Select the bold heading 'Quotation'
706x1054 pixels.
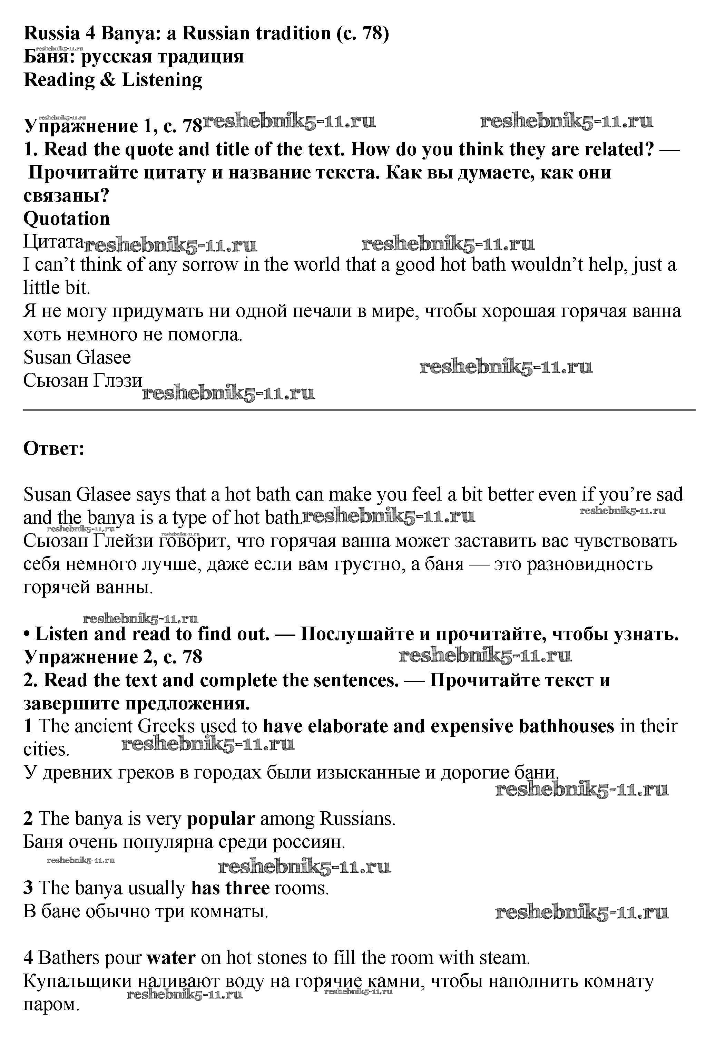click(x=66, y=219)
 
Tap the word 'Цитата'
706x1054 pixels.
click(x=53, y=242)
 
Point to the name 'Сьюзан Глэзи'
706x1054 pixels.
click(x=83, y=380)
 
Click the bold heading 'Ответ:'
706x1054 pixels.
click(x=53, y=448)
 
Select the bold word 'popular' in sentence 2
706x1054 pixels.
click(x=220, y=819)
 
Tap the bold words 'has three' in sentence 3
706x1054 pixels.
click(x=230, y=888)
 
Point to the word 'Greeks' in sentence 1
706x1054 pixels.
click(x=166, y=726)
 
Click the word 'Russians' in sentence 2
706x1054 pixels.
click(x=357, y=819)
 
